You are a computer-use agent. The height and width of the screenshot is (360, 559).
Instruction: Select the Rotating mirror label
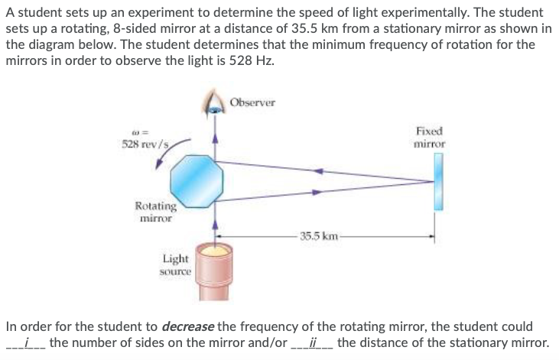[x=155, y=211]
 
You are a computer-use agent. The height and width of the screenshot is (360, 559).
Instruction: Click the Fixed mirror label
[x=428, y=137]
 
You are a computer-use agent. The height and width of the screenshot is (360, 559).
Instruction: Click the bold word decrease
[x=189, y=327]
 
